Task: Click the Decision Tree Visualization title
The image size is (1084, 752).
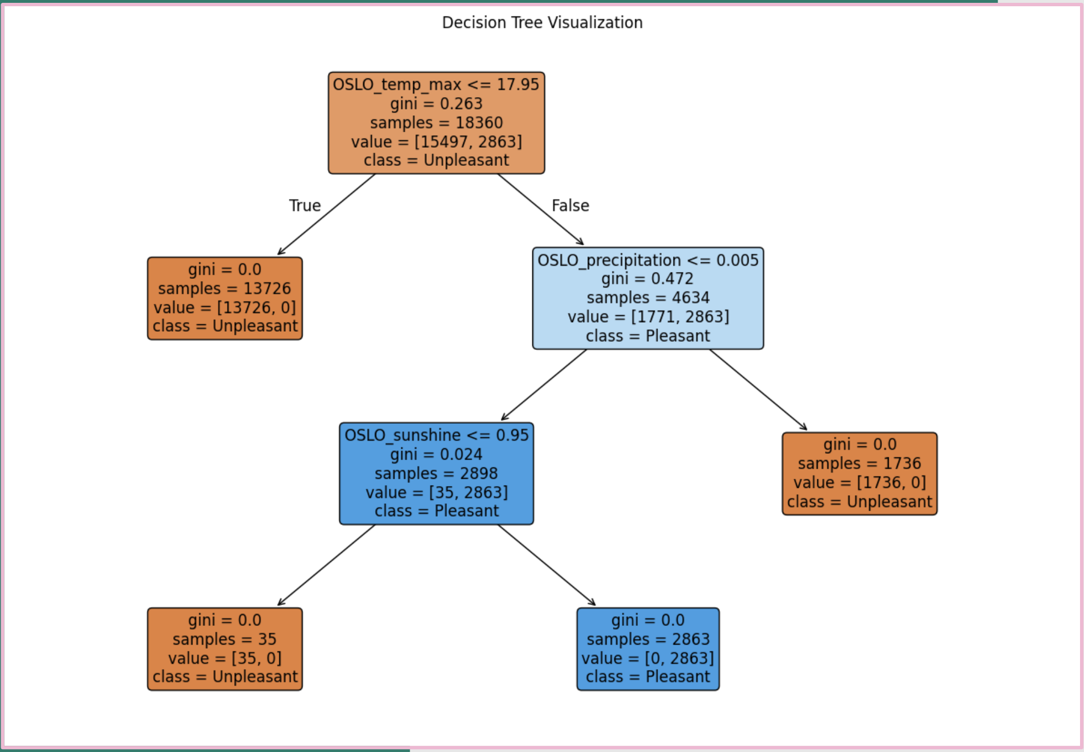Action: [542, 23]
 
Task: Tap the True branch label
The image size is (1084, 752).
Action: [305, 206]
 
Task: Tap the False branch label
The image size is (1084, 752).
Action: [570, 206]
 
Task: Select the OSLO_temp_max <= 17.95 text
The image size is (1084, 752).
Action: [436, 85]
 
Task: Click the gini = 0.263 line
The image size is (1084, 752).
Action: [436, 104]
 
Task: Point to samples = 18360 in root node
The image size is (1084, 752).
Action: [436, 123]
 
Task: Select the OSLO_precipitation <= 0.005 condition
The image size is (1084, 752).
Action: [648, 260]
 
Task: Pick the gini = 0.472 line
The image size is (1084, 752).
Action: [648, 279]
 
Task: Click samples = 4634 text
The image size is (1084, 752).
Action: [648, 298]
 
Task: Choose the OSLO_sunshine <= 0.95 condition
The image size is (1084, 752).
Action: [436, 435]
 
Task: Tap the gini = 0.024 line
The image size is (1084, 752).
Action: [436, 454]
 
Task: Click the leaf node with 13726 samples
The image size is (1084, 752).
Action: [225, 298]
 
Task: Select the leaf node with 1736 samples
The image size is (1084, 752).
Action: [859, 474]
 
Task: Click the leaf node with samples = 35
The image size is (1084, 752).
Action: [225, 649]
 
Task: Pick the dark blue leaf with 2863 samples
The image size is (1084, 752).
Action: [648, 649]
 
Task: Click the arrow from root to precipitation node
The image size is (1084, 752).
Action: [540, 209]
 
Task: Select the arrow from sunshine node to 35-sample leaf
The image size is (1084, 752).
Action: [326, 565]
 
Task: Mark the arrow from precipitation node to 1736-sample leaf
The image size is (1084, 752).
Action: [758, 390]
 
